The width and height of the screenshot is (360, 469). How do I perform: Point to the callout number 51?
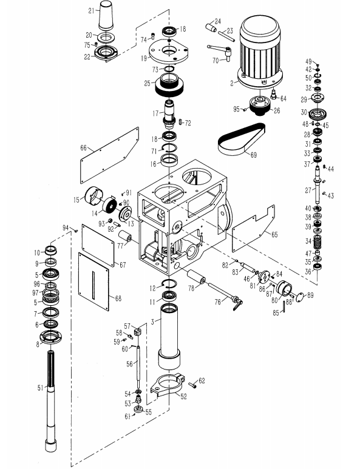41,388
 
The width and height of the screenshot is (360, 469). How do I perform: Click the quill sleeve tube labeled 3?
169,337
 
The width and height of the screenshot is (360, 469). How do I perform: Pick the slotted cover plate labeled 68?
93,282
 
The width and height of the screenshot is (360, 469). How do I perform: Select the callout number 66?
83,148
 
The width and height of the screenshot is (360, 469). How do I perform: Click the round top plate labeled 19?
169,51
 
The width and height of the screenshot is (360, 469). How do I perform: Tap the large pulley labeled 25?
169,85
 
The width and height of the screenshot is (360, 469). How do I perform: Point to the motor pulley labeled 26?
260,106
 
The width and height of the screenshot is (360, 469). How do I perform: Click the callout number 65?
274,234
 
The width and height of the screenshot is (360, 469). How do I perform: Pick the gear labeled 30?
318,114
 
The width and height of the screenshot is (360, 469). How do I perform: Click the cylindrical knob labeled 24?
211,27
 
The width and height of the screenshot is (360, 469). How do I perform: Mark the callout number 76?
217,302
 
